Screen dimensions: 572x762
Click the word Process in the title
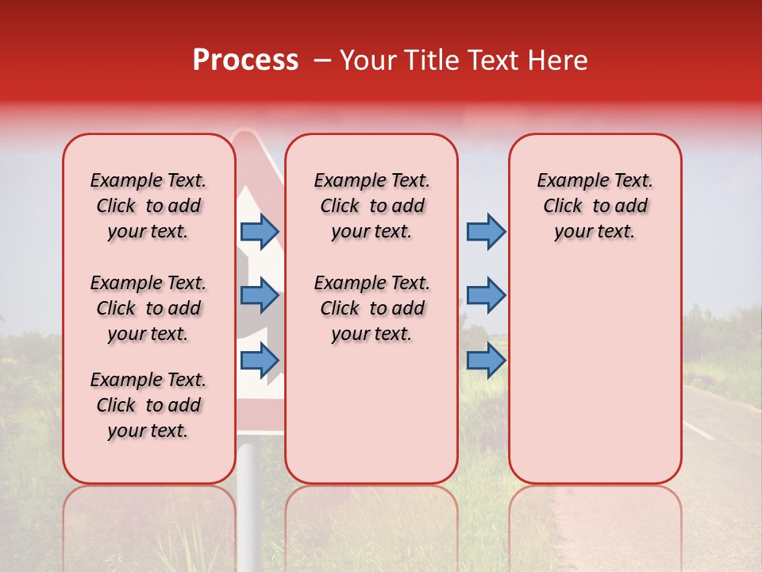click(245, 60)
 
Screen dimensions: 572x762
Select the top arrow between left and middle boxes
click(260, 231)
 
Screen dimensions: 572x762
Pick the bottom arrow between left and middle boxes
click(260, 361)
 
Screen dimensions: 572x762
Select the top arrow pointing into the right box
click(486, 231)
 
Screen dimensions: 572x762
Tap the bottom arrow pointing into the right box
click(486, 361)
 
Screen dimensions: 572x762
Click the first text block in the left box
click(148, 206)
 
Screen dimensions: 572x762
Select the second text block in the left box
click(148, 308)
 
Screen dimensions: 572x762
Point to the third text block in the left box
click(148, 405)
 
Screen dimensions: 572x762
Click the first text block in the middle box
click(372, 206)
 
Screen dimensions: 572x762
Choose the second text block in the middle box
click(372, 308)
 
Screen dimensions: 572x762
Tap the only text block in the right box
click(595, 206)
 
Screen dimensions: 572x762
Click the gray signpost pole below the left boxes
click(248, 508)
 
